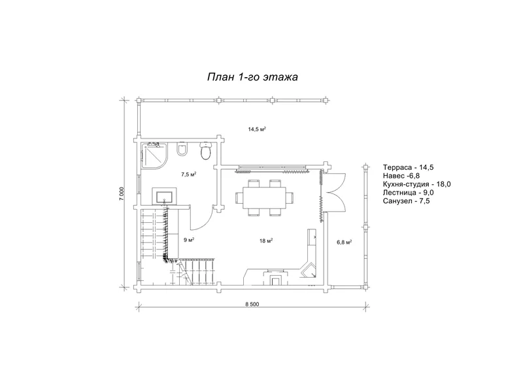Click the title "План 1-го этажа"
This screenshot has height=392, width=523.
252,77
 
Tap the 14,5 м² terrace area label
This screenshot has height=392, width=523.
257,129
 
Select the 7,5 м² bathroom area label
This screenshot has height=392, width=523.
188,174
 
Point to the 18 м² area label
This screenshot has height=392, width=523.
266,240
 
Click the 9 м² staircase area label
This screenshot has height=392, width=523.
189,240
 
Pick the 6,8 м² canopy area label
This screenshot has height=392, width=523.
345,242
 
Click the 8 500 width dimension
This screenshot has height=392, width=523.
252,304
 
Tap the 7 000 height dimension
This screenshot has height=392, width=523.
122,193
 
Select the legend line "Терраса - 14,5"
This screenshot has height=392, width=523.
408,167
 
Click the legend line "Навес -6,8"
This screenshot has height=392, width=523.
401,176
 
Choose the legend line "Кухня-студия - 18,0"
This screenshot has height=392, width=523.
417,184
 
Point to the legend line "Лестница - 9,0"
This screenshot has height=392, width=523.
408,192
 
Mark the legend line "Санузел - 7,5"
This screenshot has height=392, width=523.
406,201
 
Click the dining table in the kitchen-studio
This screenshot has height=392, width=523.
265,198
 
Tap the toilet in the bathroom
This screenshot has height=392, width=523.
205,151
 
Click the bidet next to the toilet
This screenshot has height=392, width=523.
182,149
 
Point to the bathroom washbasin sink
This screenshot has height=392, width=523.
165,196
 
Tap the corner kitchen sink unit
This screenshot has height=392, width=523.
309,270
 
